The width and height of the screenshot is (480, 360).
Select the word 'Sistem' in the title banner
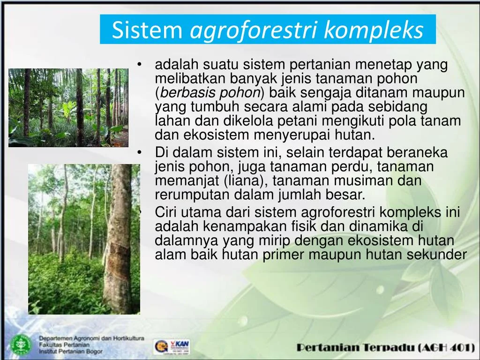[147, 30]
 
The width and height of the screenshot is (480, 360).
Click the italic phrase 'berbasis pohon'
[208, 93]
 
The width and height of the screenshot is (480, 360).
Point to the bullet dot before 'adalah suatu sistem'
[140, 65]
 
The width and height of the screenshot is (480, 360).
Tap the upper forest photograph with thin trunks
[68, 107]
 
